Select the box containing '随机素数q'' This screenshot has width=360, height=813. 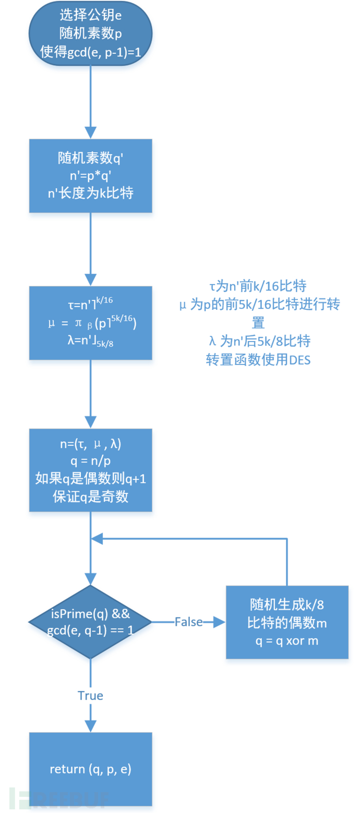pos(90,175)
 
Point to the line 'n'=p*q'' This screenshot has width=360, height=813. pos(90,176)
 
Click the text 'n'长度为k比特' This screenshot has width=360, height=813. pos(90,194)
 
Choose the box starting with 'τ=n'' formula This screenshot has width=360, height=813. pos(90,323)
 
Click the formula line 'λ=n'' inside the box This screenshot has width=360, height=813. pos(90,342)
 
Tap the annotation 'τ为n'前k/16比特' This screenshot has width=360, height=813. pos(258,286)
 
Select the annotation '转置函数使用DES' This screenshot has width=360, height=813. pos(258,360)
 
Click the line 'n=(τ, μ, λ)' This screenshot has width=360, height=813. pos(90,444)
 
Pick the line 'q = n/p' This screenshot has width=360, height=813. pos(90,462)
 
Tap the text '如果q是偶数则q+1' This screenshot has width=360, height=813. pos(90,479)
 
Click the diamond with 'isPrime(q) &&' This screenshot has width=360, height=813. pos(90,622)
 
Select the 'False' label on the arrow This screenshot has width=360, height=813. pos(188,622)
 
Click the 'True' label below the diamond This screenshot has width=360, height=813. pos(90,696)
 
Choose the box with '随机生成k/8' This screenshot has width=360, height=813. pos(287,622)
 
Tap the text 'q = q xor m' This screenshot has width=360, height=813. pos(287,641)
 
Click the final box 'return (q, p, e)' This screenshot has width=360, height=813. pos(90,769)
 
